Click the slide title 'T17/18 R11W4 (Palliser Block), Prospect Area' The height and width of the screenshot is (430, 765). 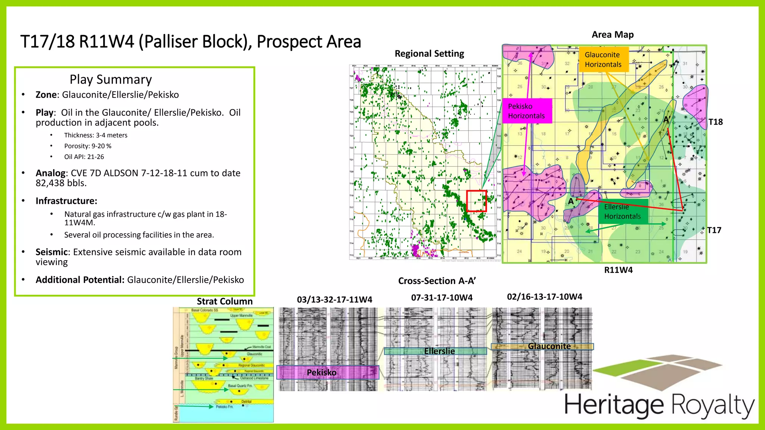pos(191,41)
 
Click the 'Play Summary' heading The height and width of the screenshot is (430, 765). pos(111,80)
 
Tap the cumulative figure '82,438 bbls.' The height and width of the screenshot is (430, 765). pos(61,183)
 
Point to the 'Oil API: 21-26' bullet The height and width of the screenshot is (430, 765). pos(84,157)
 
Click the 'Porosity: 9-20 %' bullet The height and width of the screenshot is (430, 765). pos(88,146)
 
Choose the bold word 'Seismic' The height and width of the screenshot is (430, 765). pos(52,252)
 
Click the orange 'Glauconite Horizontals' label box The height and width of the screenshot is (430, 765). pos(603,60)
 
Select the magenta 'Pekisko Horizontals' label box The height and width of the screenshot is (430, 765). pos(527,111)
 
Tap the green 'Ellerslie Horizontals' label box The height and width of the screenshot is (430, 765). pos(623,212)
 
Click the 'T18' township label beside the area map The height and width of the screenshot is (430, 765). pos(715,122)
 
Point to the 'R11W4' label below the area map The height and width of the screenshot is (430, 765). pos(618,270)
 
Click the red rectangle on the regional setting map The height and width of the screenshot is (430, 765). pos(477,201)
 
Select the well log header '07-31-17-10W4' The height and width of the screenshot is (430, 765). pos(442,298)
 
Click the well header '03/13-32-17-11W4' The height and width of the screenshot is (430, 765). pos(334,300)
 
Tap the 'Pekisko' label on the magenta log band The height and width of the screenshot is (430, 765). pos(322,373)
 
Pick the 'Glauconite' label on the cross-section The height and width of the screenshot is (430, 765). pos(549,346)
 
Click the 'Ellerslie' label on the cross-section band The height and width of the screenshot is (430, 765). pos(439,351)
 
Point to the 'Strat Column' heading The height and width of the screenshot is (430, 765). pos(224,302)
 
